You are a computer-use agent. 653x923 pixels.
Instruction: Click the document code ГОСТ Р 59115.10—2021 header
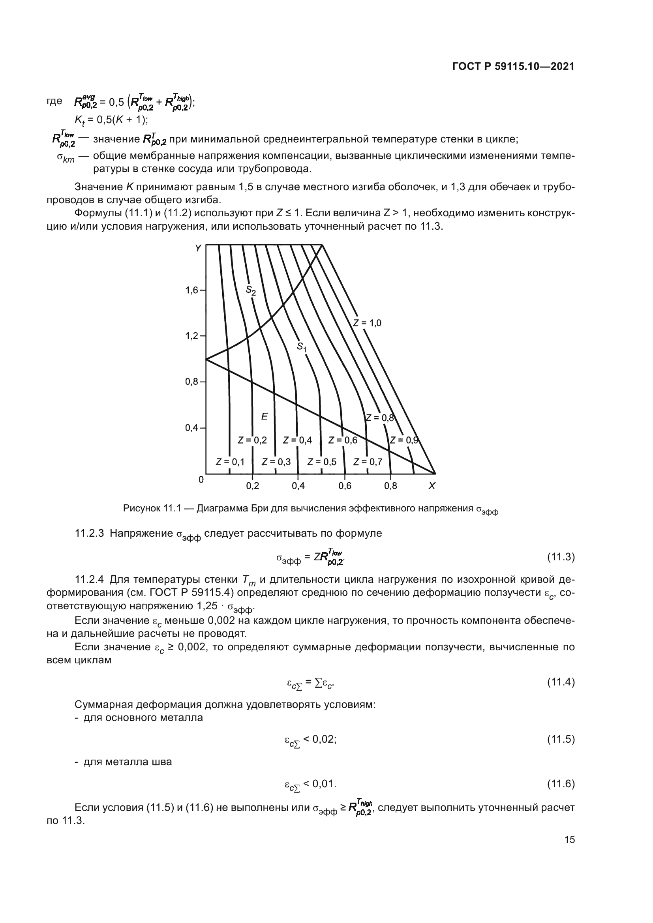click(513, 67)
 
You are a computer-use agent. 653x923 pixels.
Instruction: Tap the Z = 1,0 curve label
click(367, 323)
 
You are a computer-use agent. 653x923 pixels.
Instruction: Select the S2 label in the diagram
click(251, 290)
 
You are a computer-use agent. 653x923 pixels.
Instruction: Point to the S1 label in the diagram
click(302, 346)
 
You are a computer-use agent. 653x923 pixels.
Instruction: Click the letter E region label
click(264, 416)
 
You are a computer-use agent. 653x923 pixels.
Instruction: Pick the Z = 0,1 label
click(230, 462)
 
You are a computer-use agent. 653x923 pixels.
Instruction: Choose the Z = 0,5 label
click(322, 462)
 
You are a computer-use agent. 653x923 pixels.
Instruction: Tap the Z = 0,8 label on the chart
click(379, 418)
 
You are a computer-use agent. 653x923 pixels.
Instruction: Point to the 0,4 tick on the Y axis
click(192, 428)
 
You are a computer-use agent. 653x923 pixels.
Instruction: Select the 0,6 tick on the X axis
click(345, 486)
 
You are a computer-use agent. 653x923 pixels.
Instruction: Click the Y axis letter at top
click(198, 249)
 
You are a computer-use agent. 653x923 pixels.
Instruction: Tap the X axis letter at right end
click(432, 486)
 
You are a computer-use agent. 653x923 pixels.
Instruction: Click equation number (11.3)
click(561, 557)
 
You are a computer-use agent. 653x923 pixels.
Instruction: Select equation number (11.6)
click(561, 784)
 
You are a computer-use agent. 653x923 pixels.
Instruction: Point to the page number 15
click(569, 840)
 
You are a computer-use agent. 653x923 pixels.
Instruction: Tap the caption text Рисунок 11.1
click(152, 509)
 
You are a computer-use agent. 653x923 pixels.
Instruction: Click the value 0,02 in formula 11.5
click(324, 739)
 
